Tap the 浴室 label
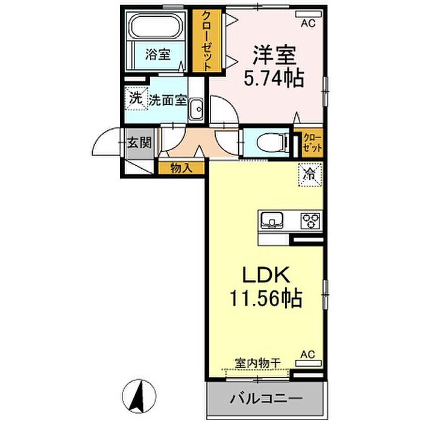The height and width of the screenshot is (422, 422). pos(157,54)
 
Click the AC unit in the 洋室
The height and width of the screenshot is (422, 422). pos(308,13)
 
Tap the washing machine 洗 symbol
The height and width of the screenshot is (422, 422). pos(136,98)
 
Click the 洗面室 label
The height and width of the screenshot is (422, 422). pos(168,101)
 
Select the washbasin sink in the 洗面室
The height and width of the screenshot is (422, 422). pos(196,110)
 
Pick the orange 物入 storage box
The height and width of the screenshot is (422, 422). pos(181,168)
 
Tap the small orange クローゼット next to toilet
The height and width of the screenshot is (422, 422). pos(311,143)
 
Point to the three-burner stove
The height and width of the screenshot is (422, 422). pos(311,219)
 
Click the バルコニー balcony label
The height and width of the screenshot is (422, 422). pos(266,398)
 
